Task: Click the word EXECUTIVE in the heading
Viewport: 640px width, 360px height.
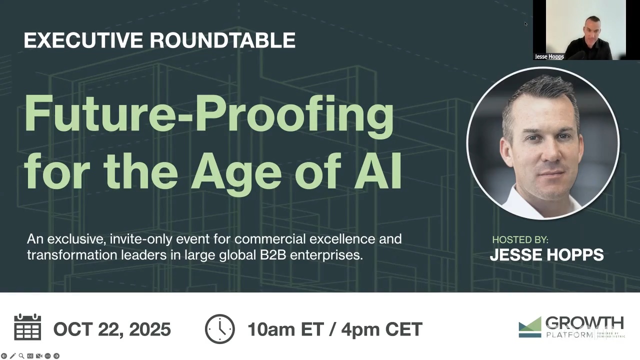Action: point(83,40)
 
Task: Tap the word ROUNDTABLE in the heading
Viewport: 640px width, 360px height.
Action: point(223,40)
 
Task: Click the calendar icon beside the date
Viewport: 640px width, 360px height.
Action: point(27,326)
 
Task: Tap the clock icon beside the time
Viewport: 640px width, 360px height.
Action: point(219,329)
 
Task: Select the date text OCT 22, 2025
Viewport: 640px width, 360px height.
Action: point(112,329)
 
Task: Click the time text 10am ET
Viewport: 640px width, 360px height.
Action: point(285,329)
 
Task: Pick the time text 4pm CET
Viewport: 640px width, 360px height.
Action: point(381,329)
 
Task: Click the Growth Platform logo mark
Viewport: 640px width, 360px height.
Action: point(530,327)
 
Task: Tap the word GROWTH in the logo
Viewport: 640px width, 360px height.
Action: point(584,323)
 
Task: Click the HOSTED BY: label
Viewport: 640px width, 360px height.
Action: point(520,239)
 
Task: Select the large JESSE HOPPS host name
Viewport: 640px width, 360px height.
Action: point(546,255)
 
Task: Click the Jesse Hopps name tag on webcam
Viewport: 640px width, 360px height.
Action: point(549,56)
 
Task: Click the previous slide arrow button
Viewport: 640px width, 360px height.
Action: point(4,356)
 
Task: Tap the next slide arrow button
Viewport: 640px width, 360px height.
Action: point(56,356)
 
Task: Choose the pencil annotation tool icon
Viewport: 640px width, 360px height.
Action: point(13,356)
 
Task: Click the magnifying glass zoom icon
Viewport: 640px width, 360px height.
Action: point(21,356)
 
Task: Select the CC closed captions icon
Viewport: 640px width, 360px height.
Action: point(30,356)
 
